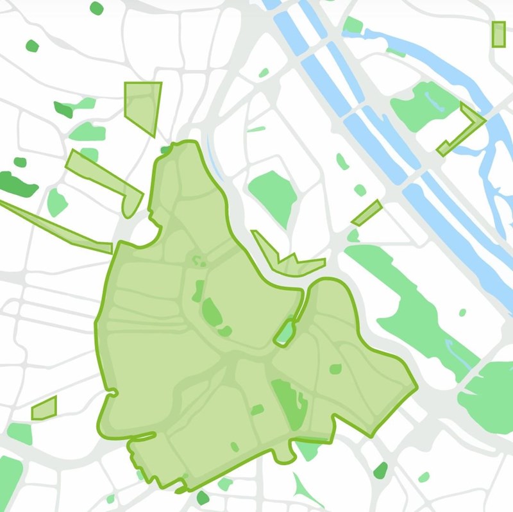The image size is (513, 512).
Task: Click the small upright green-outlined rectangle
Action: pos(498,34)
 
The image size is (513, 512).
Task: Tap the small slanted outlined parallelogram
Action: pos(367,212)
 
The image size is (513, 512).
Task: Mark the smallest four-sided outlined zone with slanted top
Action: pos(44,408)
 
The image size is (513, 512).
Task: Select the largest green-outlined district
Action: pos(192,359)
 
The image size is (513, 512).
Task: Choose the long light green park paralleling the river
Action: pos(410,308)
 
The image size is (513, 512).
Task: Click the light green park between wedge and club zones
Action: pos(56,201)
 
